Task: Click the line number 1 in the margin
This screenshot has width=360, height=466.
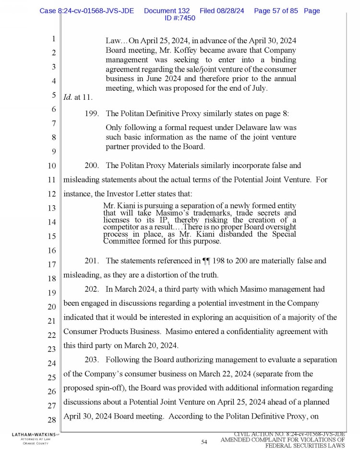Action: tap(54, 39)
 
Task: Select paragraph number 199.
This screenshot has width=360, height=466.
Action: tap(91, 114)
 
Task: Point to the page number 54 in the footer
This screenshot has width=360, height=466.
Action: tap(204, 442)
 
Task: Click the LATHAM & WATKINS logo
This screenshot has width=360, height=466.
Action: tap(30, 434)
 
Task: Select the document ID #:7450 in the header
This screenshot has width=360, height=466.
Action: tap(180, 18)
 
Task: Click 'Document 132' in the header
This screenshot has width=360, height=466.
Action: tap(167, 11)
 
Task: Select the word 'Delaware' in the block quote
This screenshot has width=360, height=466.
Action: tap(242, 128)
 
